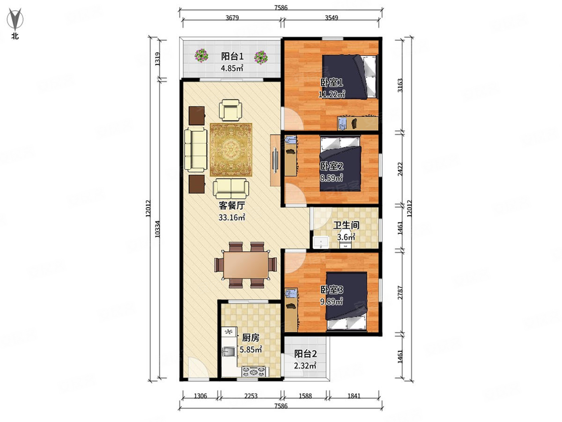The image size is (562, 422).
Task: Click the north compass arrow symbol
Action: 15,19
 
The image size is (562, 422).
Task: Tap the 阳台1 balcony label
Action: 232,56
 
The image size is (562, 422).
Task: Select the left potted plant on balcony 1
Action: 201,56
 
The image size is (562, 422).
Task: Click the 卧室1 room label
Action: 332,83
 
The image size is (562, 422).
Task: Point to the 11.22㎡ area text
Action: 332,94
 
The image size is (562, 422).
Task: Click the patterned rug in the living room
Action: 231,150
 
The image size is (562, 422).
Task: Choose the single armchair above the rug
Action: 230,110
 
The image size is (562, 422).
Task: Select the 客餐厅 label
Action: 232,205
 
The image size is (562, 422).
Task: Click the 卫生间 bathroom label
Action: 346,225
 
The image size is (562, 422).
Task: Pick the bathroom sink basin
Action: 321,242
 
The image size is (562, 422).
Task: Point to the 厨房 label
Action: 251,338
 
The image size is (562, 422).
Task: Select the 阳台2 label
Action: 305,354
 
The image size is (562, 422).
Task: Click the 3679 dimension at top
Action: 232,18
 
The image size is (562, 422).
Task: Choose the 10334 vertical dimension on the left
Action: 157,229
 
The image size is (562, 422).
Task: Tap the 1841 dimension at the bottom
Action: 354,396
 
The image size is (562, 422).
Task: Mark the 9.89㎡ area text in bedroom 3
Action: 331,301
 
